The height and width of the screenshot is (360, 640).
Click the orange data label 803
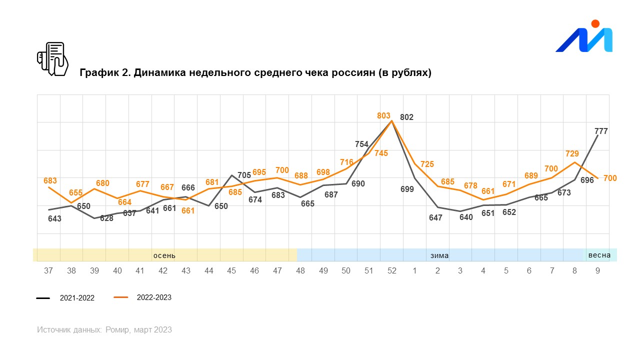383,116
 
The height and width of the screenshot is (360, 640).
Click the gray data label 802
407,117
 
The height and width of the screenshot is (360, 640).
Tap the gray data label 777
601,131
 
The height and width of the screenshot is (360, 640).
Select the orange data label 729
572,154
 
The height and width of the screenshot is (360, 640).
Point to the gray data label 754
361,144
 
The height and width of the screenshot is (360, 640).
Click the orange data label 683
50,181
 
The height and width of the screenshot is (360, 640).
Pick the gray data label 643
54,218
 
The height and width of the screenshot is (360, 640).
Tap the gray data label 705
244,175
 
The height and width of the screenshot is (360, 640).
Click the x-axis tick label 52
392,271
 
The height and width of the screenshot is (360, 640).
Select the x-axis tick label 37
48,271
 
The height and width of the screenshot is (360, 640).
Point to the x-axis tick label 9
597,271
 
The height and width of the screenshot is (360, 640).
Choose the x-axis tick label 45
231,271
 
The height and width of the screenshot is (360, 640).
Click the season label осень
164,255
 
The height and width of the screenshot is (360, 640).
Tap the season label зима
439,255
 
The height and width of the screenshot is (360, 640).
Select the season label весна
599,255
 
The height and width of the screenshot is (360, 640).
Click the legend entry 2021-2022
77,298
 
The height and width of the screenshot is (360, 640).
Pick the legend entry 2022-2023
154,297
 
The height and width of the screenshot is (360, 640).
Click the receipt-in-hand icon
52,59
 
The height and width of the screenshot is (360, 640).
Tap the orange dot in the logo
595,23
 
